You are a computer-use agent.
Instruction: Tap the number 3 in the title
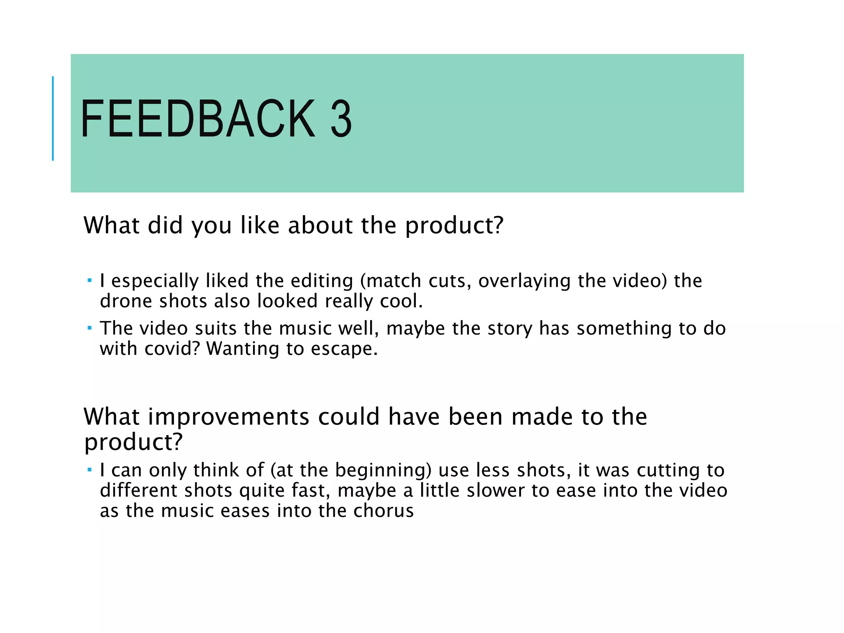click(x=341, y=119)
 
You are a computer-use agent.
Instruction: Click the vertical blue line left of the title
click(x=53, y=118)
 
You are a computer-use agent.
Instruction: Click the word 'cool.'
click(x=401, y=301)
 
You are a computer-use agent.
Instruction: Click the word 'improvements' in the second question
click(x=229, y=417)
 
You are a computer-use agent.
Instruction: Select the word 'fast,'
click(x=311, y=491)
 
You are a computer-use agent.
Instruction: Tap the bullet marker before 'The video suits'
click(x=89, y=328)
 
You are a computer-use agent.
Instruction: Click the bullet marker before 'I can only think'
click(x=89, y=470)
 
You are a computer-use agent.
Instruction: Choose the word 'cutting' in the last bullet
click(x=668, y=471)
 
